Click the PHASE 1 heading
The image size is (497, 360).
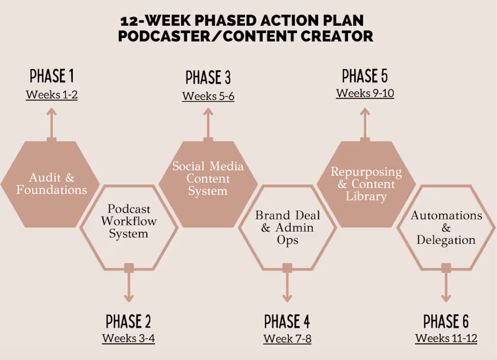[x=52, y=76]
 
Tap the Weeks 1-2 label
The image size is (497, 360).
[x=52, y=95]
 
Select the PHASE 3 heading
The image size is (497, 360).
[x=208, y=78]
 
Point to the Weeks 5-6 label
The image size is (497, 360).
[x=208, y=96]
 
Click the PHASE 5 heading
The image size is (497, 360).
[x=365, y=76]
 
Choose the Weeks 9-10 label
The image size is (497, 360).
[x=365, y=94]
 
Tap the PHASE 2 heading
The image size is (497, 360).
[x=128, y=322]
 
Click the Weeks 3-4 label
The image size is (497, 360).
[x=128, y=338]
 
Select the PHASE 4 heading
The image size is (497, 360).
[x=287, y=322]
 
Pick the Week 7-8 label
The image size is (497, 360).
[x=287, y=339]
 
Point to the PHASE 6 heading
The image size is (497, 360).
[x=446, y=322]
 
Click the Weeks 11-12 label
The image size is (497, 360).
[x=446, y=338]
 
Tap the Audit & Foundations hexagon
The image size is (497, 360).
[x=51, y=183]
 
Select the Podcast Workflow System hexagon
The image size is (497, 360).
[x=129, y=222]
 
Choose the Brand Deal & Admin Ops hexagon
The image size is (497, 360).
[x=287, y=227]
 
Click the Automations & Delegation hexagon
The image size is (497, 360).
[x=446, y=227]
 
